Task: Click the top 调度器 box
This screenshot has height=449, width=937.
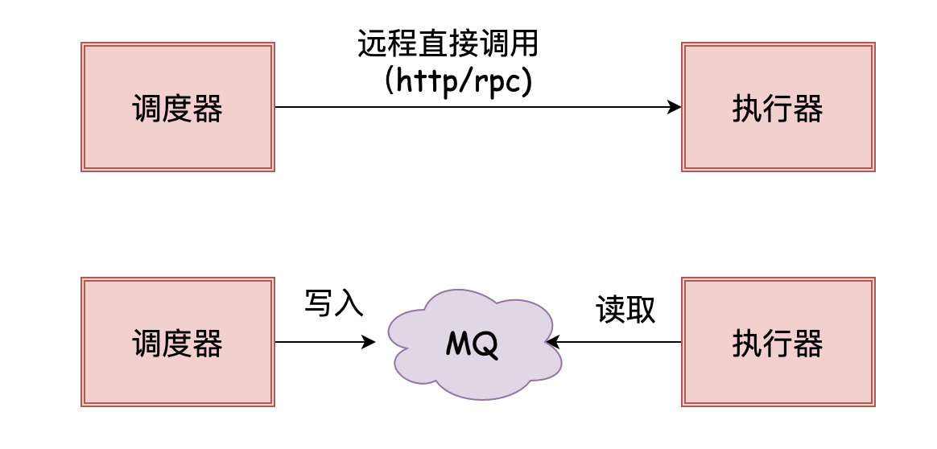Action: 178,107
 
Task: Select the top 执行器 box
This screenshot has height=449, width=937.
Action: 778,107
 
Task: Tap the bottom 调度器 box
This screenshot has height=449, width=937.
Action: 178,343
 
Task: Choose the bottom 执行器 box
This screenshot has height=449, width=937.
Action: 778,343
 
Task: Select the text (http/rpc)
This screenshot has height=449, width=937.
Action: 459,81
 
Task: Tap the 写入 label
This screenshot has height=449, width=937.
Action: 334,303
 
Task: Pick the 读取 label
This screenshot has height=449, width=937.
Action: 625,309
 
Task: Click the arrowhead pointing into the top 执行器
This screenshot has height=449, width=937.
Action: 675,107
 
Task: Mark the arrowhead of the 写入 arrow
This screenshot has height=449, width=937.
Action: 369,343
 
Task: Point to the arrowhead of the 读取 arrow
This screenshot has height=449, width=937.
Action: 553,343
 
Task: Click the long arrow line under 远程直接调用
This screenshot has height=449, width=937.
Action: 475,107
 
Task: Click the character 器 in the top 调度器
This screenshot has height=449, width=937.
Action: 208,108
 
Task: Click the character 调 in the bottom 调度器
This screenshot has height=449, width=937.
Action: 147,344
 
